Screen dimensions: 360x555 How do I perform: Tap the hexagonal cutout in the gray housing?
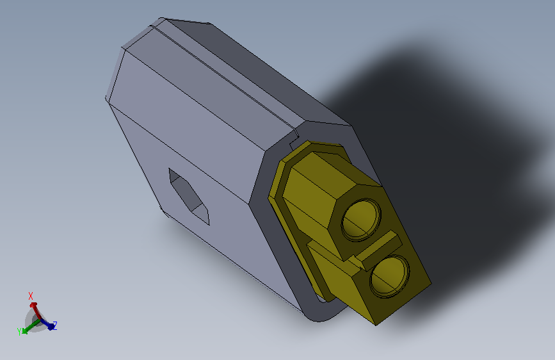click(x=190, y=195)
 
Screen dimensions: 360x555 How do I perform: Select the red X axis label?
click(x=31, y=296)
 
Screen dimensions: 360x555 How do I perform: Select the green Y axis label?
click(x=20, y=331)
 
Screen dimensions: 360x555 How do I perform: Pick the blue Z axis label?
click(x=55, y=325)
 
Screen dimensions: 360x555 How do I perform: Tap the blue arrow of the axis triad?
click(x=49, y=325)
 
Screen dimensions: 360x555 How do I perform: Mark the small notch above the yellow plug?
click(x=296, y=136)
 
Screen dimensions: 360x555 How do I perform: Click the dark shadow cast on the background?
click(x=448, y=128)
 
